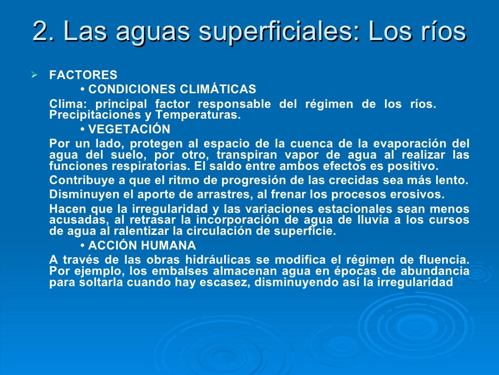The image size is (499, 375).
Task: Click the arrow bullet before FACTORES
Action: (x=34, y=75)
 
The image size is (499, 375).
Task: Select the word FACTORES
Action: (x=83, y=75)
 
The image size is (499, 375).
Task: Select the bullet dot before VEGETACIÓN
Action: (x=82, y=130)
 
